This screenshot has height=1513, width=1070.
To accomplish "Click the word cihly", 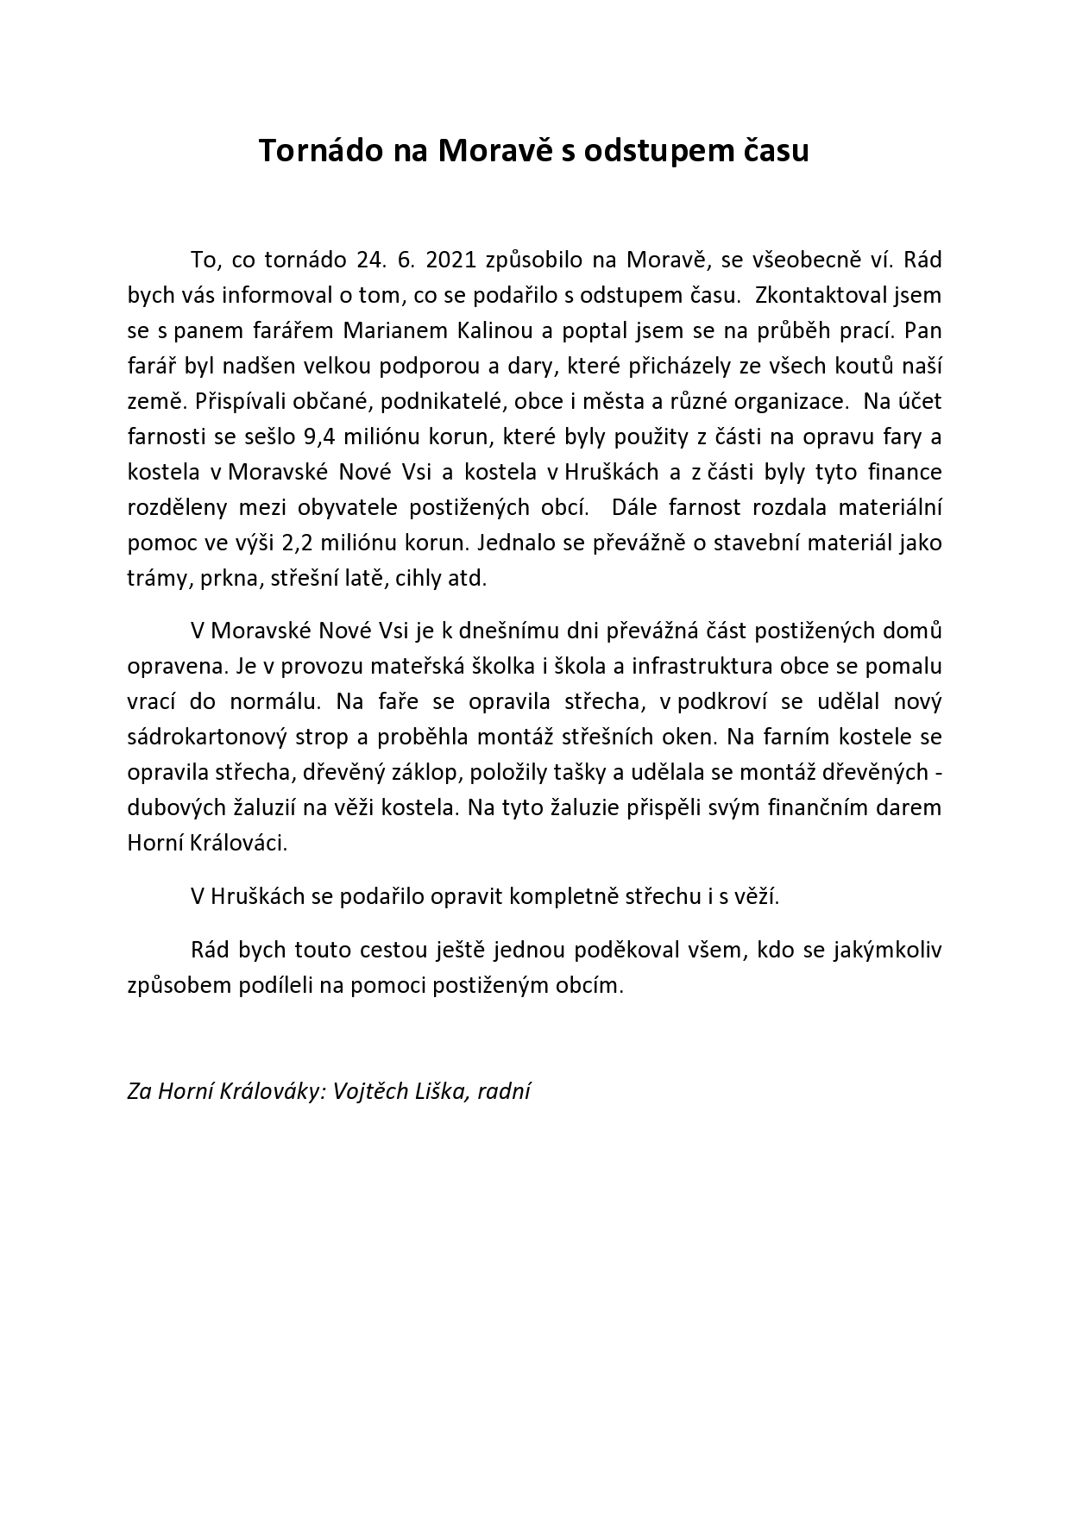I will (x=419, y=578).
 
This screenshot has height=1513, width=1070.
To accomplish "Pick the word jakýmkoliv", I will (x=888, y=950).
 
